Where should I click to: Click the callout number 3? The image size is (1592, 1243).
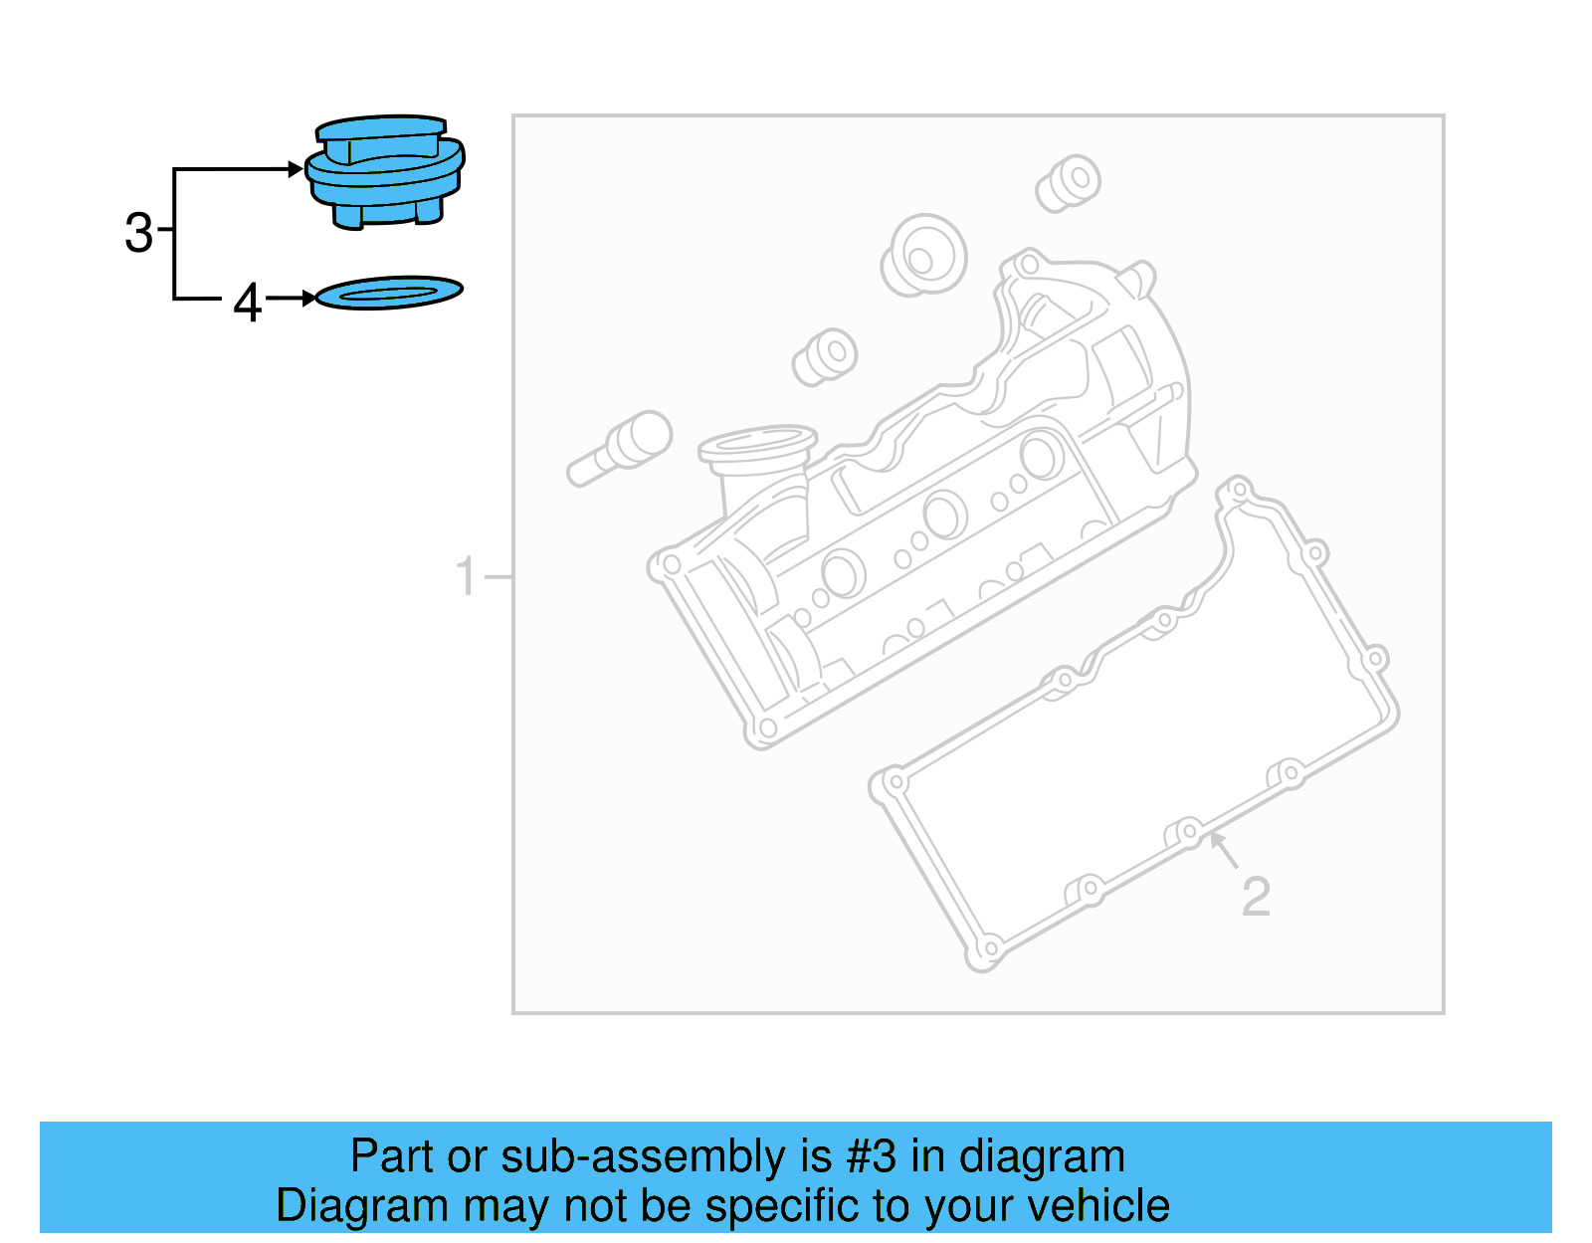click(138, 233)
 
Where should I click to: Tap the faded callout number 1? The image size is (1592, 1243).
click(465, 576)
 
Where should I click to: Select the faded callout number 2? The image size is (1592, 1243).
click(1256, 897)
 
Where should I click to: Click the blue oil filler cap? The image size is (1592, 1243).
click(385, 171)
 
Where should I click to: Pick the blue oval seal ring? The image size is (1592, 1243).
click(389, 293)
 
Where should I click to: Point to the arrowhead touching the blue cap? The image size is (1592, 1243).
click(296, 169)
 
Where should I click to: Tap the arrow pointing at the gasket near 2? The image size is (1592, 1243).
click(1223, 849)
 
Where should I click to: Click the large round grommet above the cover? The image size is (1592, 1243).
click(923, 256)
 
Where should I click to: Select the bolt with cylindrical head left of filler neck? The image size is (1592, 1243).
click(620, 449)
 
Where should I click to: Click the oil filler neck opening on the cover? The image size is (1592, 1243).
click(757, 443)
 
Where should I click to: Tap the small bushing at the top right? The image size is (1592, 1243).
click(1069, 183)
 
